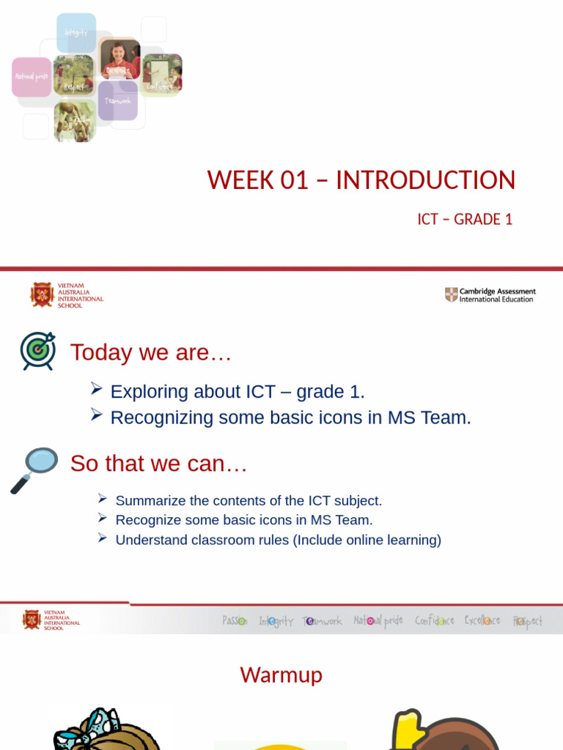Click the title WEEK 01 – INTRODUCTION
click(x=361, y=180)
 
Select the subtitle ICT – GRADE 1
click(x=465, y=219)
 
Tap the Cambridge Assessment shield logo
click(x=452, y=294)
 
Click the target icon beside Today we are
click(x=37, y=350)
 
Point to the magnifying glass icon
click(x=34, y=469)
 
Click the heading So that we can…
click(x=158, y=464)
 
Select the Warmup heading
click(x=281, y=675)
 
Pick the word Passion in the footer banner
click(x=235, y=621)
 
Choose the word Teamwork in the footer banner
click(x=322, y=621)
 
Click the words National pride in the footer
click(x=378, y=621)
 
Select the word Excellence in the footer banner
click(x=482, y=621)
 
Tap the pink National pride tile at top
click(x=32, y=77)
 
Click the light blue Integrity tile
click(x=76, y=33)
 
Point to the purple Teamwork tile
click(x=118, y=100)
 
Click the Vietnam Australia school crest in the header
click(x=42, y=294)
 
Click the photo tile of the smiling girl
click(x=119, y=59)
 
